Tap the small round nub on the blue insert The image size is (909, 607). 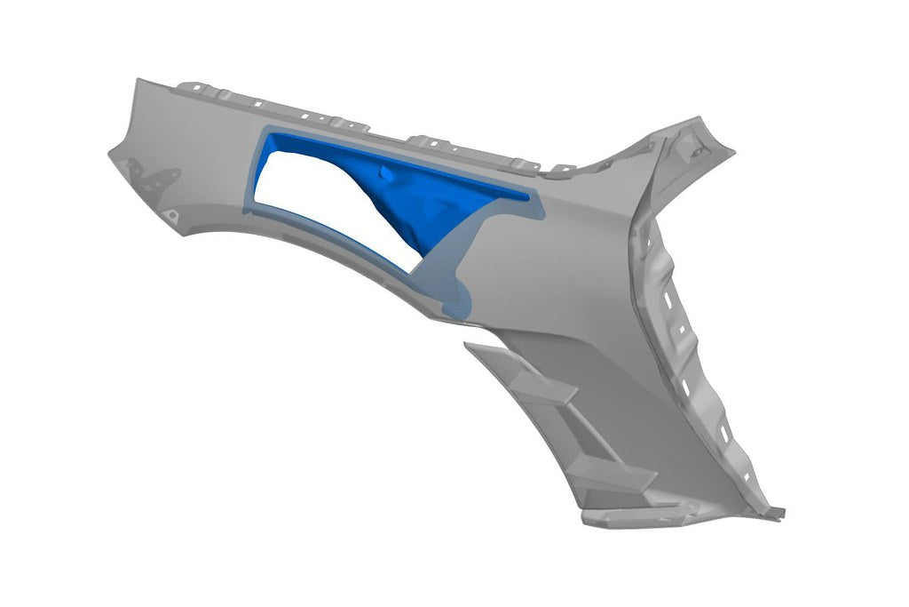pyautogui.click(x=383, y=172)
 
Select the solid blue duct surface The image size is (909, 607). pyautogui.click(x=417, y=200)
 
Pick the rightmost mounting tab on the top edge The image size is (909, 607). pyautogui.click(x=560, y=167)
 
